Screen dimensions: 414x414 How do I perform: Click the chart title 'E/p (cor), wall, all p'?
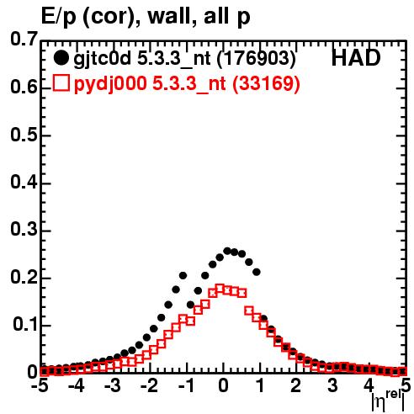coord(146,17)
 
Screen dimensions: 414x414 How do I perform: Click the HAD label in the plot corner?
coord(356,58)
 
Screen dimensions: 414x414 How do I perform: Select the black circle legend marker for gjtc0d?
coord(61,58)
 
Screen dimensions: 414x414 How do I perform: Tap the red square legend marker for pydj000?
coord(61,82)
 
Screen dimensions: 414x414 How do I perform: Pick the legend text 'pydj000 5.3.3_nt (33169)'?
coord(187,84)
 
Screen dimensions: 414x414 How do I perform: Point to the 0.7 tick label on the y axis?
coord(24,39)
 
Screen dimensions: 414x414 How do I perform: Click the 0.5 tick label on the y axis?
coord(24,135)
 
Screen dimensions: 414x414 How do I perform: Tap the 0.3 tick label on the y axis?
coord(24,229)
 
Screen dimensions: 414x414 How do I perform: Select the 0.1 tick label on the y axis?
coord(25,324)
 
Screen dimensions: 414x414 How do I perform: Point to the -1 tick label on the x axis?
coord(186,385)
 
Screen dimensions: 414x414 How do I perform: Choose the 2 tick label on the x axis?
coord(296,385)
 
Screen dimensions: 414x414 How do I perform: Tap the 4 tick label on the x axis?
coord(369,385)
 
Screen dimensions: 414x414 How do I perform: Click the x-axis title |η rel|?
coord(389,401)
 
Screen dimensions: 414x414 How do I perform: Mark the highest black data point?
coord(227,251)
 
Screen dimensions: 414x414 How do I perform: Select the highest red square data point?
coord(220,289)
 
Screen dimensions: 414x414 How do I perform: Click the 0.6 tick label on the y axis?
coord(24,88)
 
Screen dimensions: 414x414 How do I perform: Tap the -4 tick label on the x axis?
coord(77,385)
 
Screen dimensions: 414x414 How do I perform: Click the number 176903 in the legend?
coord(256,58)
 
